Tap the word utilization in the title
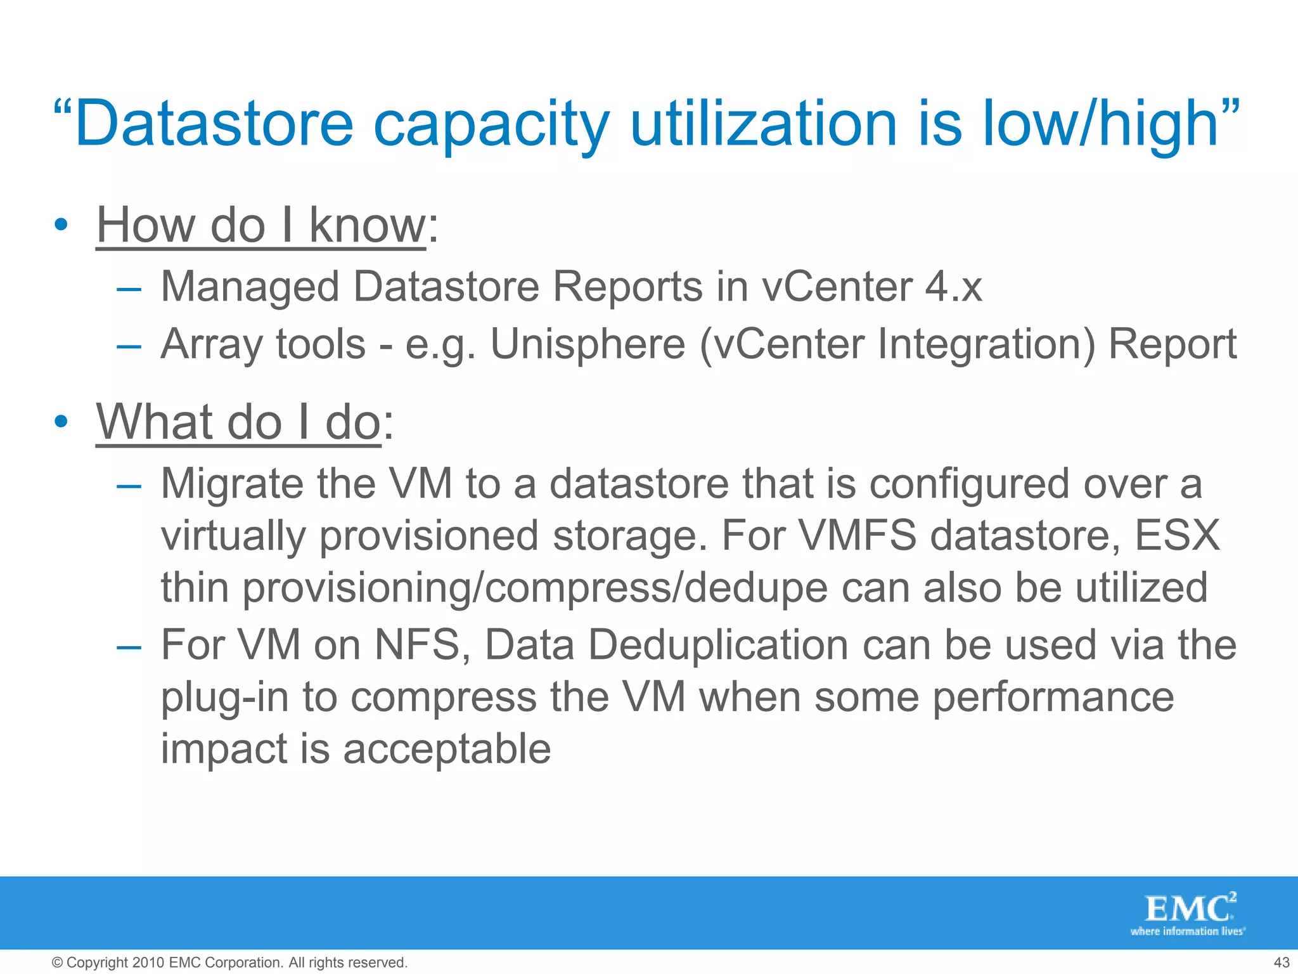pos(763,124)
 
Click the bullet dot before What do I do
pos(61,422)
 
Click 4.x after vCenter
pos(953,287)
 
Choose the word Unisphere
pos(588,344)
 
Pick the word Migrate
pos(232,484)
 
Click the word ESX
pos(1177,535)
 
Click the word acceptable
pos(447,749)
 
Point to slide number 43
pos(1281,963)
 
